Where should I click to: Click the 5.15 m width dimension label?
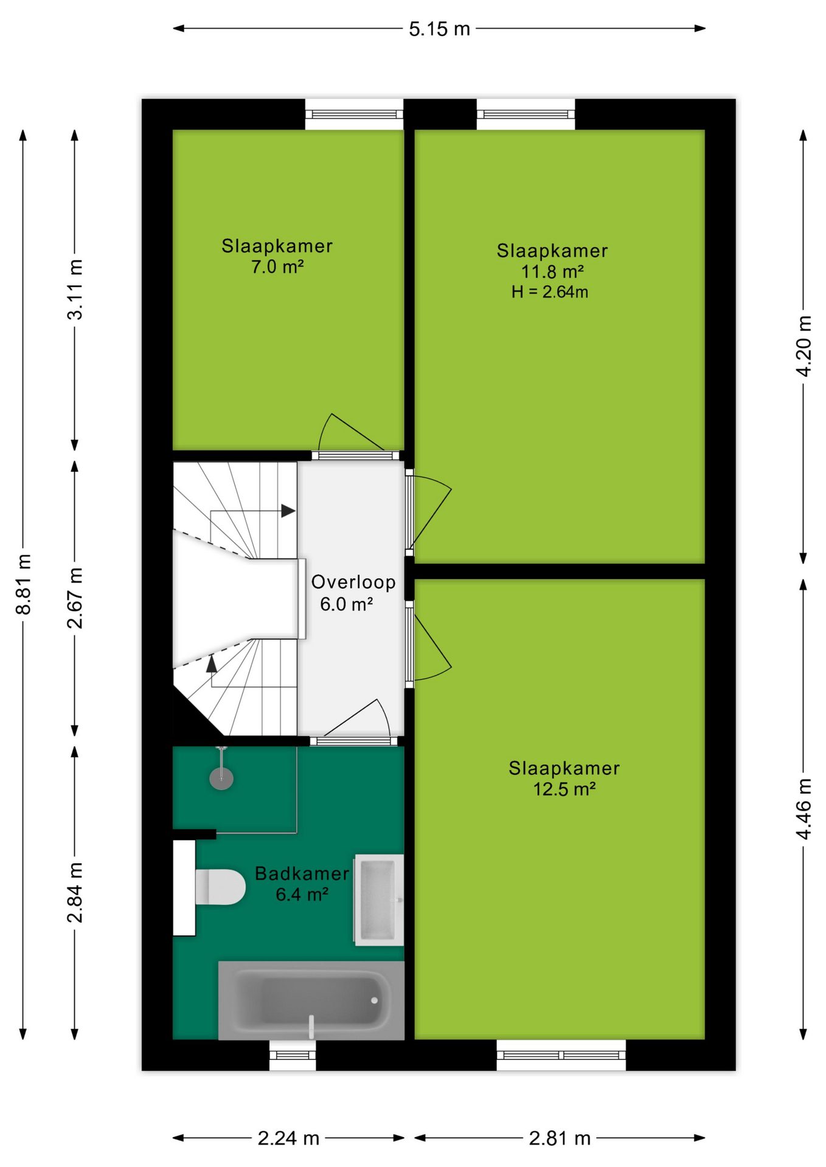(x=439, y=29)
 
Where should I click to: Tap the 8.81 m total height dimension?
(x=23, y=584)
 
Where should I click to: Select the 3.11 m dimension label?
(x=75, y=289)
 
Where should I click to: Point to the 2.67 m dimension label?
(x=75, y=597)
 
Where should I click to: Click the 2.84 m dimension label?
(x=75, y=892)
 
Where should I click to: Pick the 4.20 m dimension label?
(x=803, y=346)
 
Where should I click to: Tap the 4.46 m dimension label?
(x=803, y=809)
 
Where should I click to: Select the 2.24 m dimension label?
(x=288, y=1138)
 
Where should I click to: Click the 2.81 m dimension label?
(x=560, y=1138)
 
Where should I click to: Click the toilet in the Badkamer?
(x=220, y=887)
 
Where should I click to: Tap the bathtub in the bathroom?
(x=311, y=1000)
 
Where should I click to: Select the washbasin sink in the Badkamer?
(x=379, y=900)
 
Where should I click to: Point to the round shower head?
(x=221, y=778)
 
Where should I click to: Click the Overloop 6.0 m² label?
(x=353, y=593)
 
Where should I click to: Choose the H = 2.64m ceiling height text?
(x=550, y=292)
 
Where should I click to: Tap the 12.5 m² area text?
(x=564, y=789)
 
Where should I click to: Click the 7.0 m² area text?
(x=277, y=267)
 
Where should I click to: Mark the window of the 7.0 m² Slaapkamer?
(x=354, y=114)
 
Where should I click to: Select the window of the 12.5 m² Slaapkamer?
(x=561, y=1055)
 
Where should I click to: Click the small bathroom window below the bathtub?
(x=293, y=1055)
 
